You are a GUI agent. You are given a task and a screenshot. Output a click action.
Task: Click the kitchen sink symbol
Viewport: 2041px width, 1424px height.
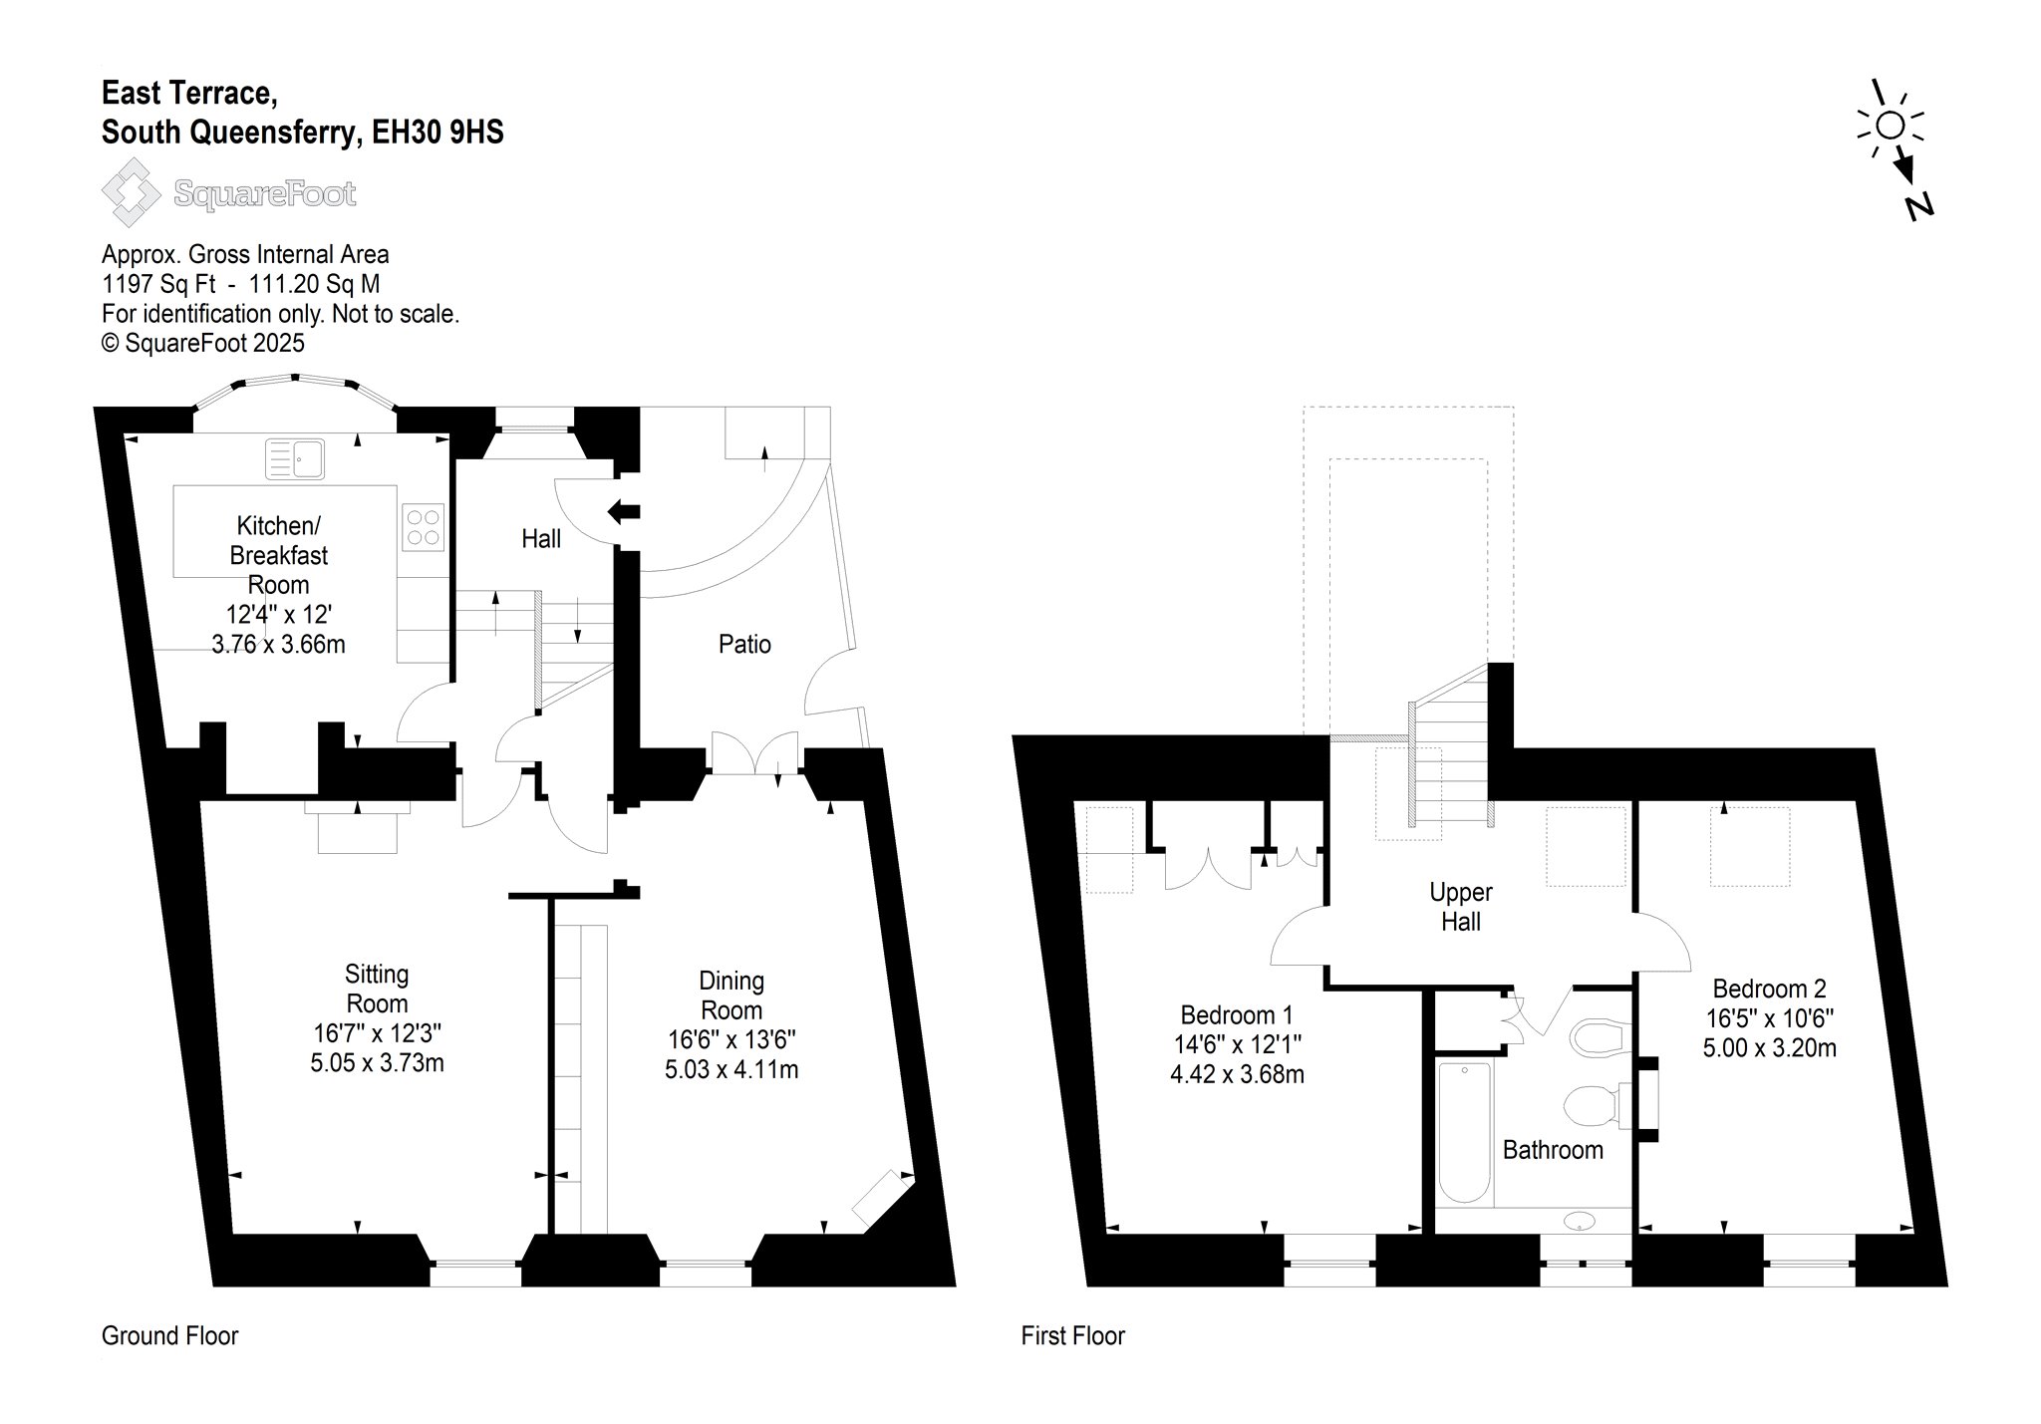295,459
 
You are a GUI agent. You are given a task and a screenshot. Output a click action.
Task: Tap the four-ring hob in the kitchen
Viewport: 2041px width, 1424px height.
423,527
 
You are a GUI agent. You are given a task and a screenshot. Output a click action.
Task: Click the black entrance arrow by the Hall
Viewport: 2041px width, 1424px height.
624,512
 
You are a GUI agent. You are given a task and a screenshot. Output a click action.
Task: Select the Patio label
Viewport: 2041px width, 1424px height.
744,645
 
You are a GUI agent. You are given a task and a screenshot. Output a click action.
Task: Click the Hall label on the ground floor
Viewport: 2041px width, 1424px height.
541,539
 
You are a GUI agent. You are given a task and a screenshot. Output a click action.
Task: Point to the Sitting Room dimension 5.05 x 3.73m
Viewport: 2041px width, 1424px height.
377,1063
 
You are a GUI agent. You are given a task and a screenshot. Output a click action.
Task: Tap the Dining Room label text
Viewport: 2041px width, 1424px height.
731,996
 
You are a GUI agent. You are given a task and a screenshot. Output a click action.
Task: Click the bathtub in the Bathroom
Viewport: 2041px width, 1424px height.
1464,1133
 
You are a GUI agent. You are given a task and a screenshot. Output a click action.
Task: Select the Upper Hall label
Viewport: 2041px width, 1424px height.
1461,907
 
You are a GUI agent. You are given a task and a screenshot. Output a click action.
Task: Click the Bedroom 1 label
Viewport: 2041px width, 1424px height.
1236,1015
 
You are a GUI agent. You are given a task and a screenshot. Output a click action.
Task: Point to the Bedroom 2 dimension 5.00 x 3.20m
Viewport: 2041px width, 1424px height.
1769,1048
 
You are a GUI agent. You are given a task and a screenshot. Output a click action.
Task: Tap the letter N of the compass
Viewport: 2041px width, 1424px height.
1918,205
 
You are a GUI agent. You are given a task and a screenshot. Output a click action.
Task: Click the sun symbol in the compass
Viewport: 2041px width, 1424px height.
1891,125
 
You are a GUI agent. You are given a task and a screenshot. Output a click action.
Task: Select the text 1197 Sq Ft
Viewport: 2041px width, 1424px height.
158,284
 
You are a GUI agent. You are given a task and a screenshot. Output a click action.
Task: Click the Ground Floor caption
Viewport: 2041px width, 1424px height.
170,1335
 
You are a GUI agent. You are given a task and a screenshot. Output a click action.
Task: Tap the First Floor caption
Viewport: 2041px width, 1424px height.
1073,1335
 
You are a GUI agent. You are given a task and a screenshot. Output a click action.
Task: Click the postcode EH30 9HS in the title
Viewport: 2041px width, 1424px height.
437,132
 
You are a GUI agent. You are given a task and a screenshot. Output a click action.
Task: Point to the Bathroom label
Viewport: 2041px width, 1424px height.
1553,1150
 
